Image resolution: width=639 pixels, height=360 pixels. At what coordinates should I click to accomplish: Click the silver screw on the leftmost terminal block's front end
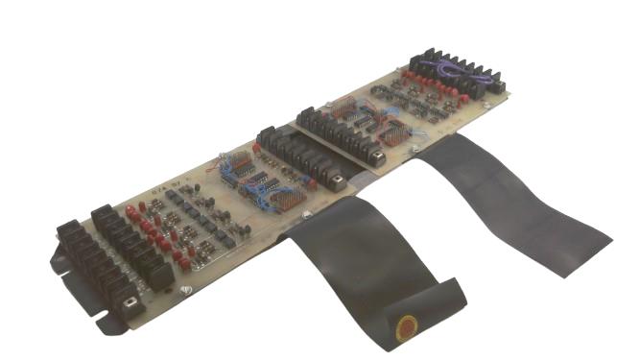tap(129, 305)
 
